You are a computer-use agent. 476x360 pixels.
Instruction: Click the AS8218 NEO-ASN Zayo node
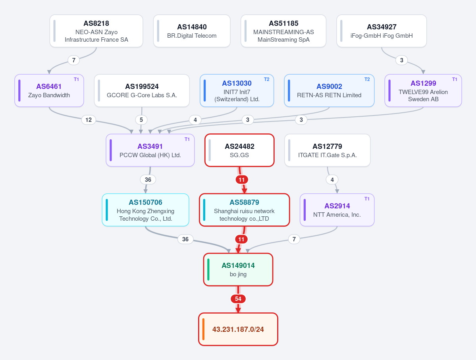96,31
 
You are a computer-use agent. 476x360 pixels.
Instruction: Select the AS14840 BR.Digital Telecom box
192,31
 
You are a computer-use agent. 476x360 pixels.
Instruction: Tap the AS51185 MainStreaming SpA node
283,31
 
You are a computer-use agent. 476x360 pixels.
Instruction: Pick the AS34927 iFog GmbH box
382,31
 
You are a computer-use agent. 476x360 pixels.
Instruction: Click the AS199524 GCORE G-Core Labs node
142,90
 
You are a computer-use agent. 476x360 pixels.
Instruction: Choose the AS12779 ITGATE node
327,150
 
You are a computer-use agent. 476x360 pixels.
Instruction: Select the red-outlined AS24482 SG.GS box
239,150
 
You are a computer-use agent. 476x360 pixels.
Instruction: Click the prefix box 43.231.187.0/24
238,329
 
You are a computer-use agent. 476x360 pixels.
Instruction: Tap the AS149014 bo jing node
238,270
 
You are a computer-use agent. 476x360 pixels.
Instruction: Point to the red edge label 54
238,299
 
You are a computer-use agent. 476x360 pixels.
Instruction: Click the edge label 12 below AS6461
89,120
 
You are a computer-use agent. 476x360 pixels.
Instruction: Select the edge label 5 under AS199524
141,120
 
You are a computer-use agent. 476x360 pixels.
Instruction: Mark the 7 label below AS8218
73,60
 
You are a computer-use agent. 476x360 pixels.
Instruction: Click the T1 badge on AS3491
187,139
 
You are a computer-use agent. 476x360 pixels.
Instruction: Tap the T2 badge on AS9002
367,79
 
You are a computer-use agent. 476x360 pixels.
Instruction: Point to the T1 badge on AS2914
367,199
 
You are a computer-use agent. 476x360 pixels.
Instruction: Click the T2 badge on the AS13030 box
266,79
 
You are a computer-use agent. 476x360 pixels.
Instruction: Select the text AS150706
145,202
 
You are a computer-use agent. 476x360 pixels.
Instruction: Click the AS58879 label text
245,202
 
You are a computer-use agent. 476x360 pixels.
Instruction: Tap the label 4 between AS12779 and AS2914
332,180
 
